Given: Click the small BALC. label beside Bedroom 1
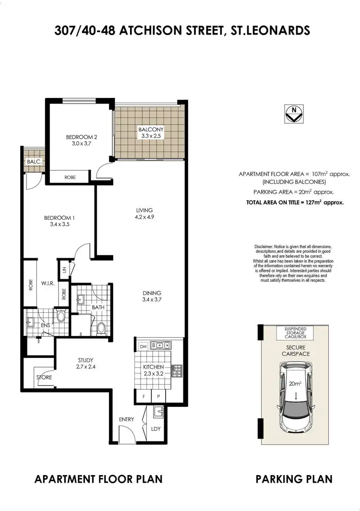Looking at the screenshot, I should coord(34,162).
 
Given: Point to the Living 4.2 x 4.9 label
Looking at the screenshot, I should coord(144,213).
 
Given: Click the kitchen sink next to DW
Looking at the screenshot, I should coord(159,345).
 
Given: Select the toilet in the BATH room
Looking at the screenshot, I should coord(101,328).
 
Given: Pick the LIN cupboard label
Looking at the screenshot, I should coord(64,269).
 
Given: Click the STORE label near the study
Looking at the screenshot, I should coord(44,378).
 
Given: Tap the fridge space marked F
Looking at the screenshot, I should coord(143,397).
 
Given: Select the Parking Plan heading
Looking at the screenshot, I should coord(294,479).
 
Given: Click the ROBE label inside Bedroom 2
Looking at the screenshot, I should coord(70,177).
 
